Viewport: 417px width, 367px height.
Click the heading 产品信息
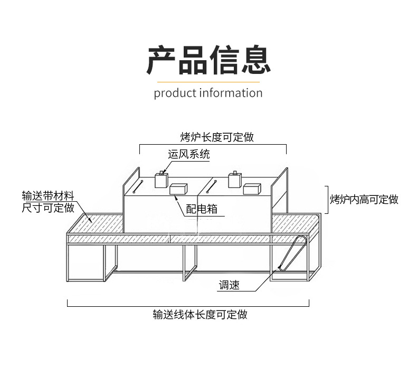coord(209,60)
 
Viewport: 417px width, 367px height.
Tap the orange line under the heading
coord(208,82)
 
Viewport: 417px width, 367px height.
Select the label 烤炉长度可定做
coord(217,137)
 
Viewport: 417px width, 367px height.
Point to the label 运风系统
coord(189,154)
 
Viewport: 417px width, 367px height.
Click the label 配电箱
coord(202,209)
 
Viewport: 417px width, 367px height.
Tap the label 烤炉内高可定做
coord(364,199)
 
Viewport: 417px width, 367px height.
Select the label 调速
coord(229,285)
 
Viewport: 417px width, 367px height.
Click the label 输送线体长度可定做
coord(200,315)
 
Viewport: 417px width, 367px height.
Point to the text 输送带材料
coord(48,196)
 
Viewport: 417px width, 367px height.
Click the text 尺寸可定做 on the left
coord(48,208)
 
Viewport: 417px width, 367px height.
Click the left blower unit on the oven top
coord(162,180)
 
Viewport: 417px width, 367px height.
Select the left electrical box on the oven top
coord(178,189)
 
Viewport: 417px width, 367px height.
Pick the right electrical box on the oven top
coord(252,189)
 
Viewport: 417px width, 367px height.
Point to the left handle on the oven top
coord(138,186)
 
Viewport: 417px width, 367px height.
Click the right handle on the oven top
coord(212,186)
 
